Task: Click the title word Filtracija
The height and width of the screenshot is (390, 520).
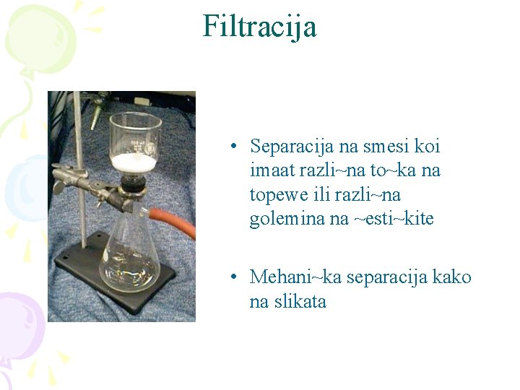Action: click(x=259, y=27)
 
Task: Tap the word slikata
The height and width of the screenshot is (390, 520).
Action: click(x=300, y=300)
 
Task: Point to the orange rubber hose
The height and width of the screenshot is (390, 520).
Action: click(x=173, y=220)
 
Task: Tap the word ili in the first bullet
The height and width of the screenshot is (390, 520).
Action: click(x=318, y=195)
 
